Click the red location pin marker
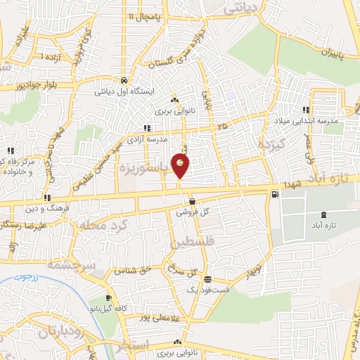click(181, 167)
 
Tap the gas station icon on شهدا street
click(274, 194)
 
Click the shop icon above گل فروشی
click(192, 202)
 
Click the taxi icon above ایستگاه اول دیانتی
click(124, 79)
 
